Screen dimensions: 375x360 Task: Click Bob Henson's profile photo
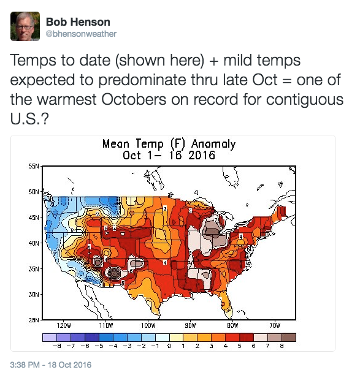click(x=25, y=26)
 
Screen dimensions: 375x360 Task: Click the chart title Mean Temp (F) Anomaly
click(x=169, y=144)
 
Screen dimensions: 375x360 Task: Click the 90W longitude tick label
click(x=190, y=327)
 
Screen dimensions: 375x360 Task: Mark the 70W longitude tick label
click(x=275, y=327)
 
